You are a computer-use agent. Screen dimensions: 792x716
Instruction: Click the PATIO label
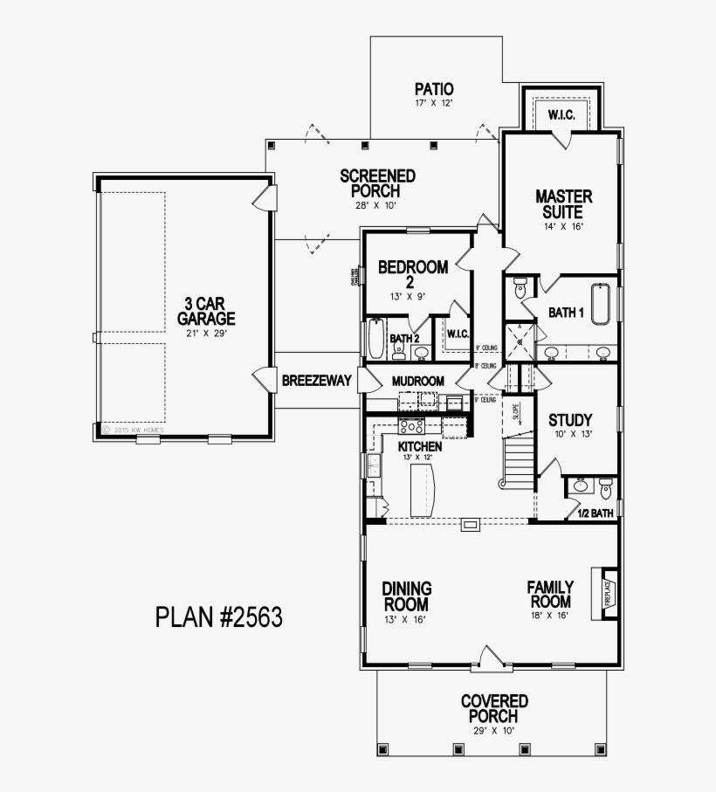(x=434, y=88)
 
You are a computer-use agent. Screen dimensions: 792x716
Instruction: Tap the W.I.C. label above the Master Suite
(x=560, y=115)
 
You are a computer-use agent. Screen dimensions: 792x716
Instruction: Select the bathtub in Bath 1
(x=600, y=304)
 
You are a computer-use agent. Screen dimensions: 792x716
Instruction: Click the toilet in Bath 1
(x=521, y=287)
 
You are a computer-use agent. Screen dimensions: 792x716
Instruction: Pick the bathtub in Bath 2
(x=375, y=340)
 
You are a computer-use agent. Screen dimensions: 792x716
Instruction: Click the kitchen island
(x=422, y=489)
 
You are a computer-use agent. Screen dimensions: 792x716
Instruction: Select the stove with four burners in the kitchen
(x=411, y=427)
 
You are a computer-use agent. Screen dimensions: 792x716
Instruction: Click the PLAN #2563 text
(x=219, y=617)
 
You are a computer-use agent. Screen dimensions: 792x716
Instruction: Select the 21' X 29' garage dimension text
(x=210, y=334)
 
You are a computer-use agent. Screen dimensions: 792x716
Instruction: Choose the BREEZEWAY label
(x=316, y=381)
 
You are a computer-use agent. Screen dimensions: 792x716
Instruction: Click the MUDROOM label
(x=418, y=381)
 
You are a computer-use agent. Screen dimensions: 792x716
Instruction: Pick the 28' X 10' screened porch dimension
(x=376, y=205)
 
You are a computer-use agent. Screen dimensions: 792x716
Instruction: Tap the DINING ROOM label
(x=407, y=596)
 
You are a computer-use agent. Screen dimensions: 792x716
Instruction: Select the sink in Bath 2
(x=421, y=353)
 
